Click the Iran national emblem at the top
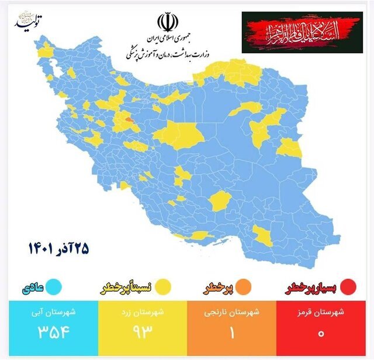(x=166, y=22)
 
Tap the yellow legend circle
(x=163, y=287)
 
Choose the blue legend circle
(x=57, y=287)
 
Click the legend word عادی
(x=32, y=288)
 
